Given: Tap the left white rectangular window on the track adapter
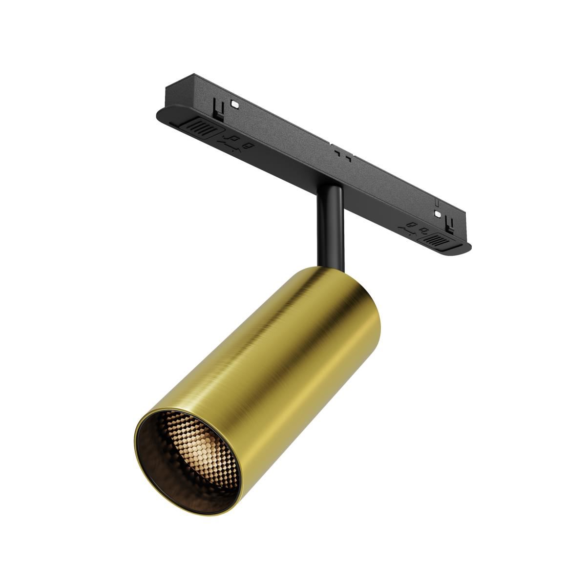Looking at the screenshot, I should pos(235,104).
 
